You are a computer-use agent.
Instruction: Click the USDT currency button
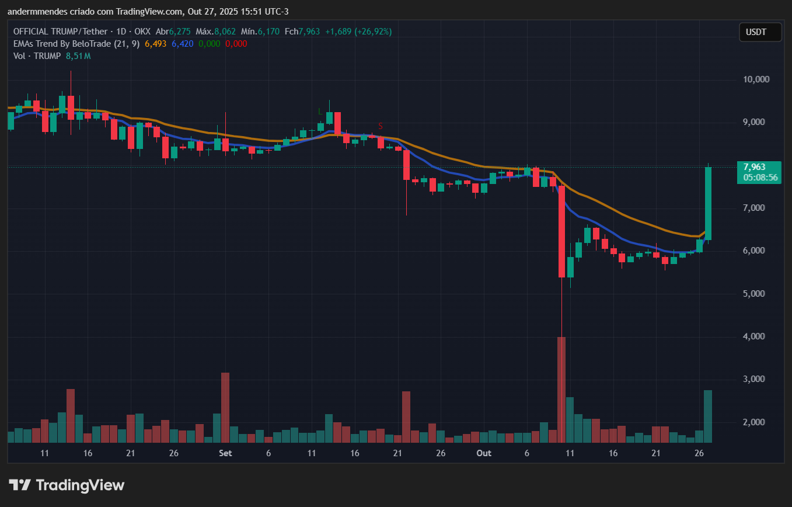760,32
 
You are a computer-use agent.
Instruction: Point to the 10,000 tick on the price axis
753,79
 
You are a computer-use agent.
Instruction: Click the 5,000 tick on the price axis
753,294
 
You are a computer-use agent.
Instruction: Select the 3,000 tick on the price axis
753,379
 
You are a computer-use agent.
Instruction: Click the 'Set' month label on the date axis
225,453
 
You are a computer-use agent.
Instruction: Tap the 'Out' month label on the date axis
484,453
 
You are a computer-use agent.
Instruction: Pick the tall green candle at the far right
708,203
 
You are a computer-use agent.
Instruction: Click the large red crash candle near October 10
561,231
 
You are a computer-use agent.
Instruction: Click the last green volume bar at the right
708,416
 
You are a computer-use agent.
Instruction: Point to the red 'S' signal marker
381,126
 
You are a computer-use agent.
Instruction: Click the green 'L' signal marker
320,112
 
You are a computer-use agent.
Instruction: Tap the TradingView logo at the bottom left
67,485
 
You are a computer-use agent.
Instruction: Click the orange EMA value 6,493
155,44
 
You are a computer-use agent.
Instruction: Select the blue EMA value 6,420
183,44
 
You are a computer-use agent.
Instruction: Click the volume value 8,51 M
78,56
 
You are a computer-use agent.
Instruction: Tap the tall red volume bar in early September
225,407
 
